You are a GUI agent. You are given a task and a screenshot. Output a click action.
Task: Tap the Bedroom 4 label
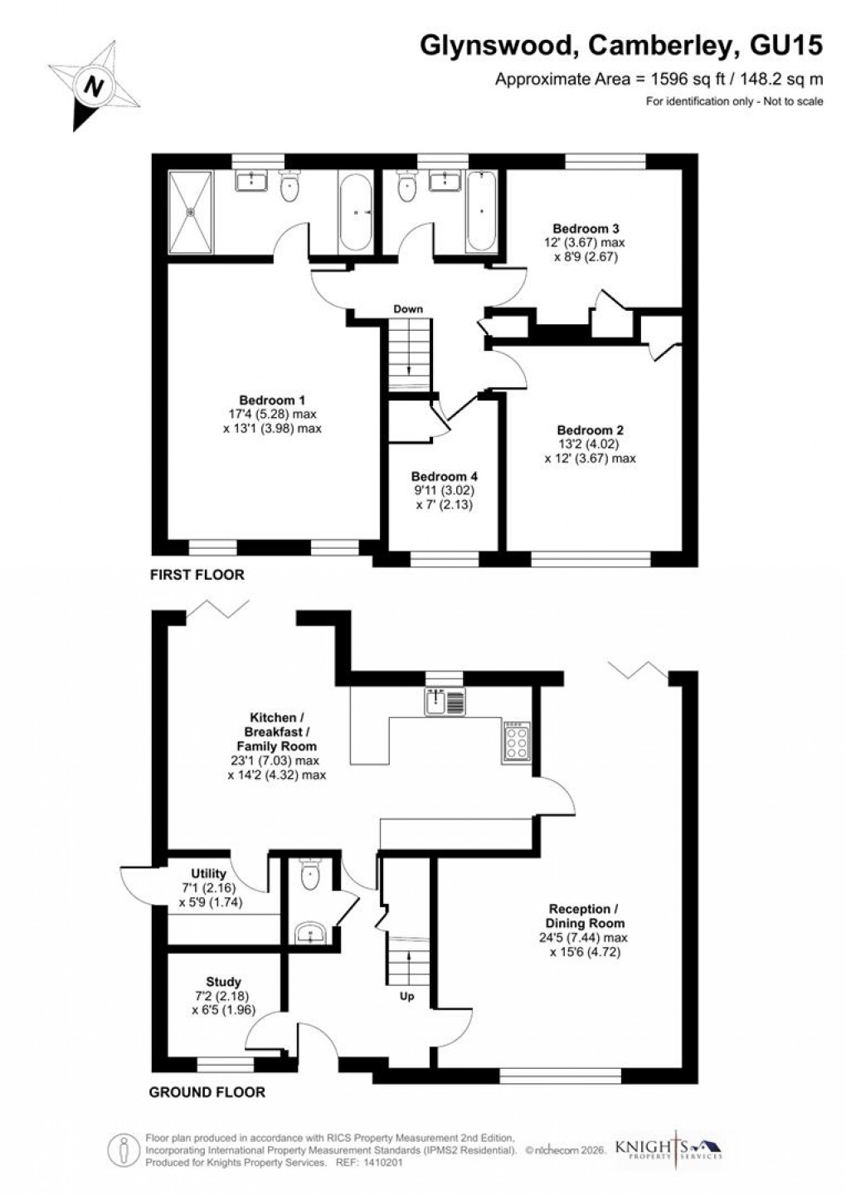[444, 477]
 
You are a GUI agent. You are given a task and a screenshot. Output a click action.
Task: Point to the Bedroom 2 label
[590, 430]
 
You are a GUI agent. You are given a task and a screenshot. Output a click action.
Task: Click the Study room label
[223, 982]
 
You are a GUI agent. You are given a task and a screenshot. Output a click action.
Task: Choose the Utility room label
[208, 874]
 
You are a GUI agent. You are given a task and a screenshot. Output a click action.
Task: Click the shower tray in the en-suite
[192, 211]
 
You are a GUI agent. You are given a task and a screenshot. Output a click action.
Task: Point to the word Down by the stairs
[408, 309]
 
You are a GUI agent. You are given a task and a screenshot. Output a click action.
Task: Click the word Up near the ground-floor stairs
[407, 996]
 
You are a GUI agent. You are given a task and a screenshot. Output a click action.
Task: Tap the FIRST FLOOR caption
[197, 574]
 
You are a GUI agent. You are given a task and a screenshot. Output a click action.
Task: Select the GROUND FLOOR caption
[207, 1092]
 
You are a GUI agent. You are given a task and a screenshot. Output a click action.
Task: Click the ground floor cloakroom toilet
[311, 874]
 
